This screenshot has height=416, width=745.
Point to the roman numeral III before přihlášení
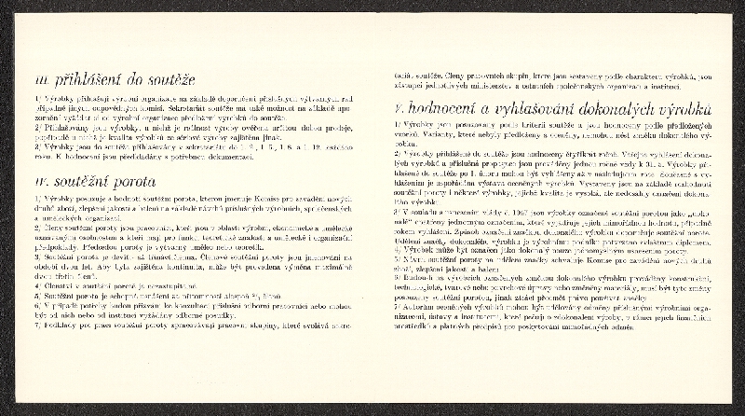coord(39,81)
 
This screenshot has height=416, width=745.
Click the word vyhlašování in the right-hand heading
coord(530,108)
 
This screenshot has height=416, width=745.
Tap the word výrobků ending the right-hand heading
coord(684,108)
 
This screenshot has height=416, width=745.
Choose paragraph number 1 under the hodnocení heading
coord(396,123)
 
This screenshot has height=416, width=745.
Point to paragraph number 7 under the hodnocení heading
coord(396,305)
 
